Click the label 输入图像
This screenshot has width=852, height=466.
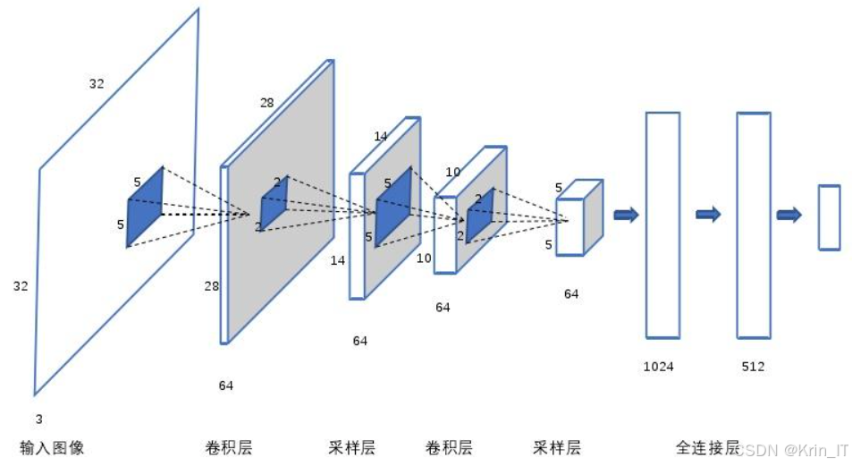[52, 447]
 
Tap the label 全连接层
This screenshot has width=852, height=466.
[707, 447]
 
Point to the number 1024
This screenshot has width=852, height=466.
[658, 367]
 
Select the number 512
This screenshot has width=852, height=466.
[753, 367]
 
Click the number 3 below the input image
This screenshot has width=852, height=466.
[38, 419]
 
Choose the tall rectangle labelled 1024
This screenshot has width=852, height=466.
[662, 225]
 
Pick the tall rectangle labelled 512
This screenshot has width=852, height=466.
[754, 225]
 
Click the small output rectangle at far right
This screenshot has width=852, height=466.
[829, 217]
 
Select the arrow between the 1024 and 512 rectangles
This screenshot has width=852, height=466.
[708, 214]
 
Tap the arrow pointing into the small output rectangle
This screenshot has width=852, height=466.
[789, 215]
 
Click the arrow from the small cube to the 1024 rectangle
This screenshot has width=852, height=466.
[626, 215]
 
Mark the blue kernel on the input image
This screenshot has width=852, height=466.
[145, 206]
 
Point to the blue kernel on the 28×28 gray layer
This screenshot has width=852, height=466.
[273, 201]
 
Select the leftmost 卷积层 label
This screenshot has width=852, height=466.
[228, 447]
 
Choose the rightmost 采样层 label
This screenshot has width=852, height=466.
[557, 447]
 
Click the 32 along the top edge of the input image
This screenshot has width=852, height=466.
[97, 84]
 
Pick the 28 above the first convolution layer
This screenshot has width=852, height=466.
[266, 103]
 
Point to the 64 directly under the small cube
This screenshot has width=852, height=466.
[571, 293]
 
